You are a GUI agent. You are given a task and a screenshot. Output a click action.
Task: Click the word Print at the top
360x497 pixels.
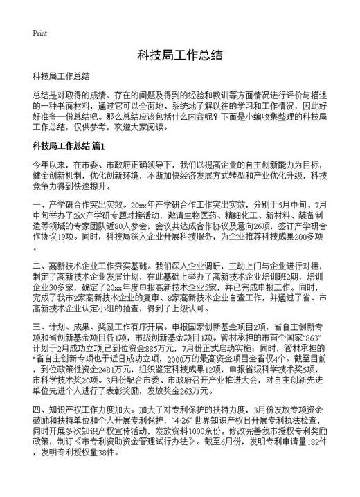tap(39, 32)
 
